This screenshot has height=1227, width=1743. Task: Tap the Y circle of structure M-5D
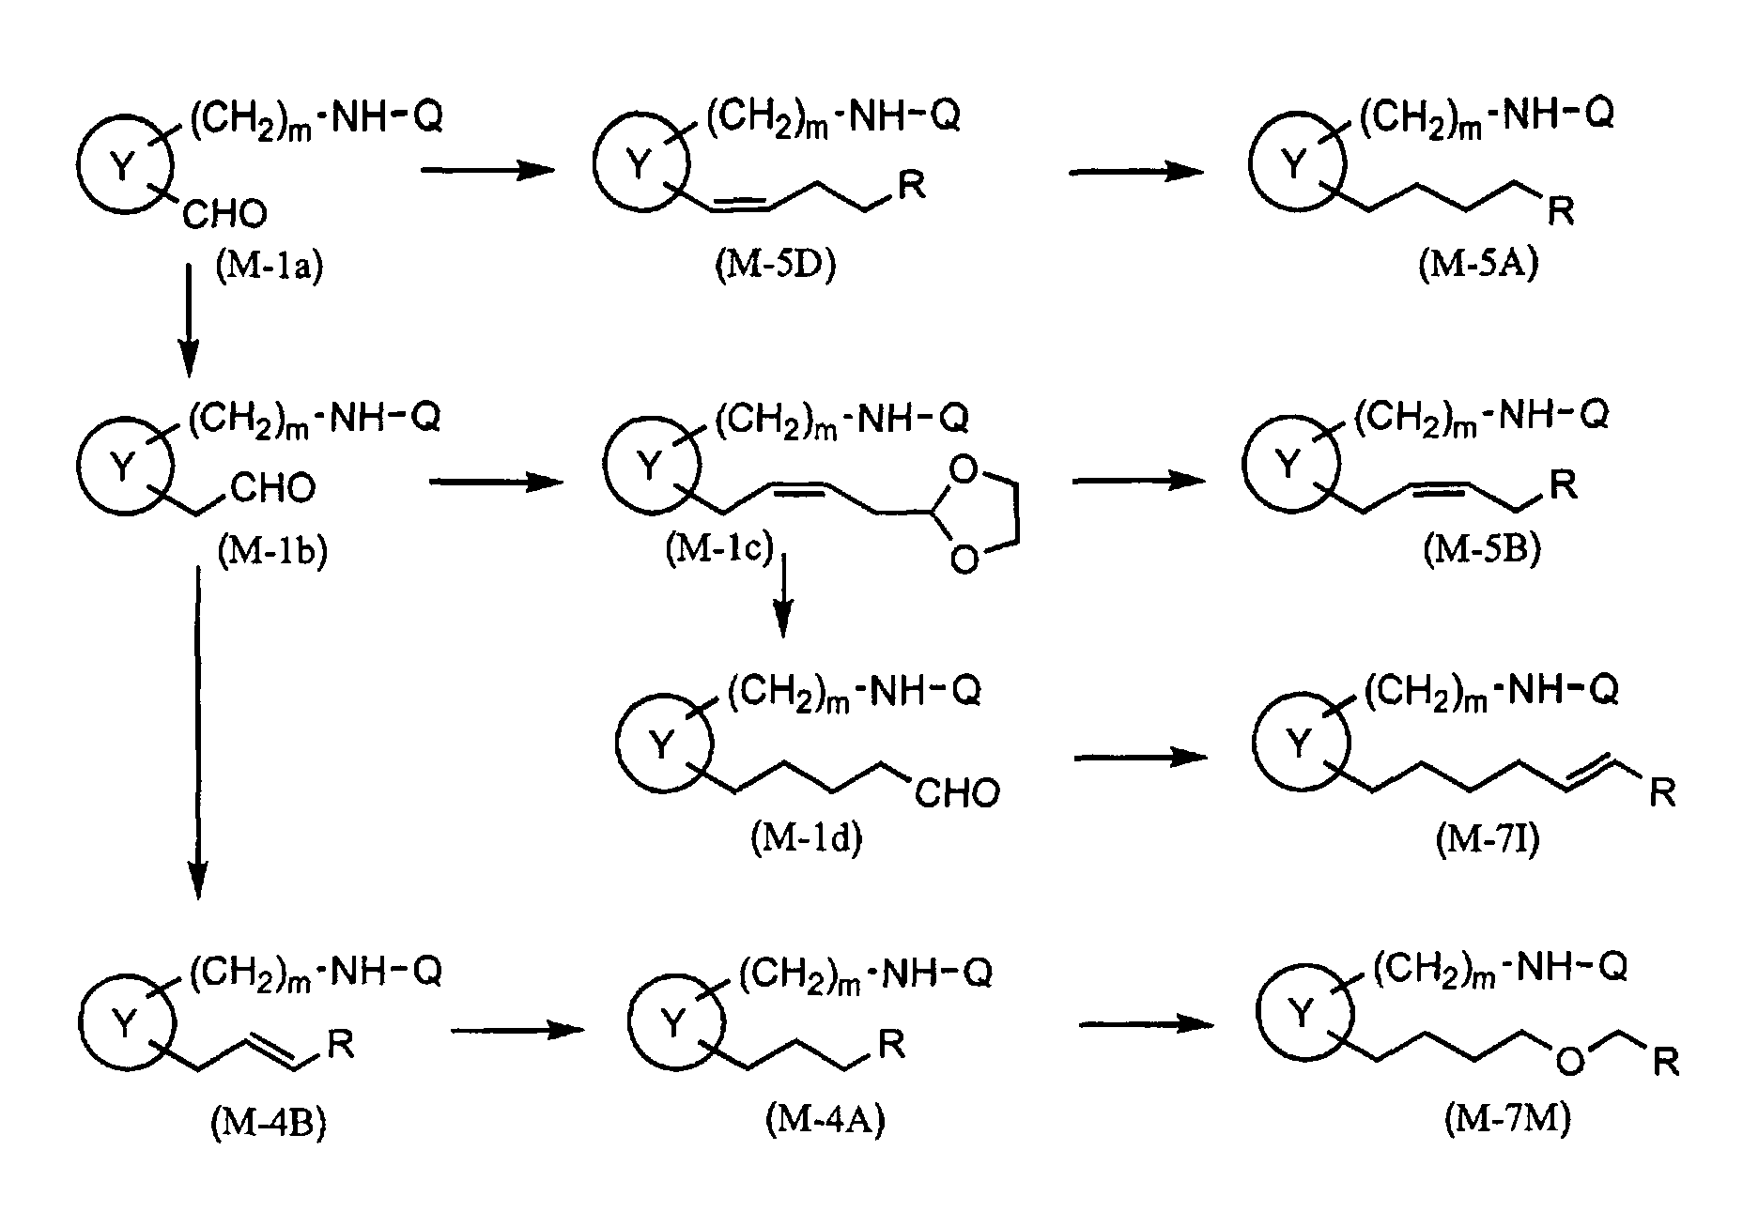pos(640,165)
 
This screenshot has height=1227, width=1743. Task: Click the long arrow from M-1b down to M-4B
pos(197,733)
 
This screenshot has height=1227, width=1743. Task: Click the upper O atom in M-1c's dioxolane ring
pos(964,468)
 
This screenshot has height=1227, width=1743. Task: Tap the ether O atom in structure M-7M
pos(1569,1060)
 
